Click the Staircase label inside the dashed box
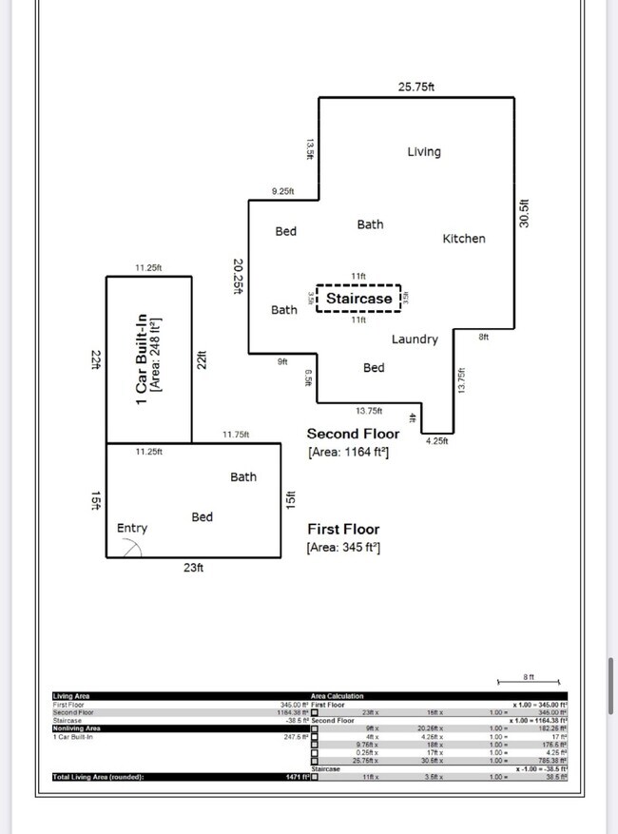[358, 299]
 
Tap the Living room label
[424, 152]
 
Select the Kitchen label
[464, 239]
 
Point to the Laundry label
[415, 339]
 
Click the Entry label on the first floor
[132, 528]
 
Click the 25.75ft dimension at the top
[416, 87]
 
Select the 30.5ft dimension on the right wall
[524, 212]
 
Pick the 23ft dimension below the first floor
[193, 568]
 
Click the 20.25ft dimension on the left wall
[239, 277]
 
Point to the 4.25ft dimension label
[436, 440]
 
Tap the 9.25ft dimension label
[282, 191]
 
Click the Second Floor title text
[353, 434]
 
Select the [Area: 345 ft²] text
[343, 548]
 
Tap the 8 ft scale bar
[530, 683]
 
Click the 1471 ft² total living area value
[296, 777]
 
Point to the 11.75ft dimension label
[235, 435]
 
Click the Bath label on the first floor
[243, 476]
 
